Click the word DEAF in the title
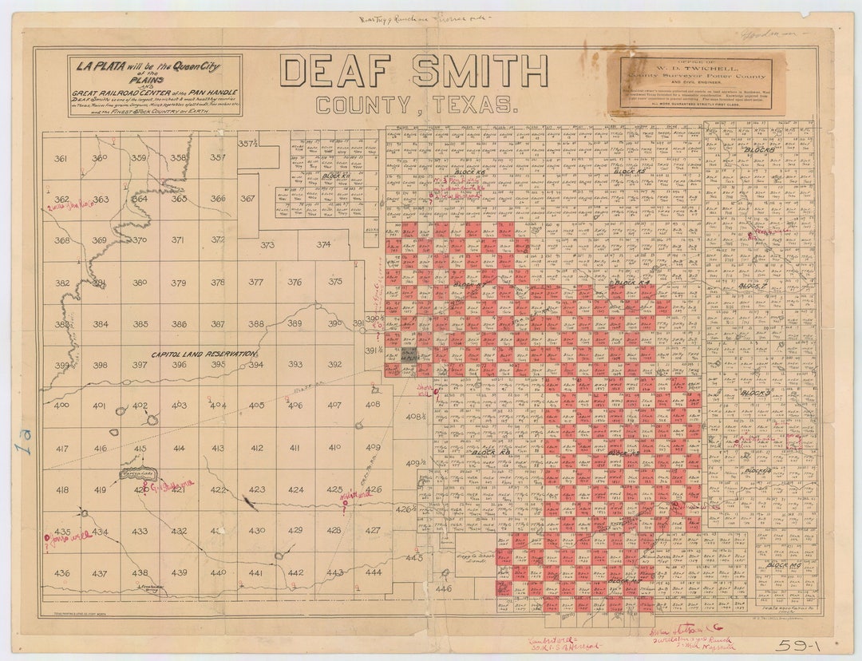(x=338, y=71)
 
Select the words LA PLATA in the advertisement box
(x=99, y=65)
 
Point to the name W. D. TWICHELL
(x=693, y=68)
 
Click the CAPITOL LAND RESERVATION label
(x=205, y=353)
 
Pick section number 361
(x=61, y=158)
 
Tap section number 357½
(x=247, y=144)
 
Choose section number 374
(x=323, y=245)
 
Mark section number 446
(x=443, y=589)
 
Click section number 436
(x=61, y=573)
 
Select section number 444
(x=374, y=572)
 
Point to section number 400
(x=61, y=406)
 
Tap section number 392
(x=334, y=365)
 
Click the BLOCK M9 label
(x=783, y=565)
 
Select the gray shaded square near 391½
(x=409, y=354)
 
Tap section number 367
(x=247, y=199)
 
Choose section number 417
(x=61, y=449)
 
